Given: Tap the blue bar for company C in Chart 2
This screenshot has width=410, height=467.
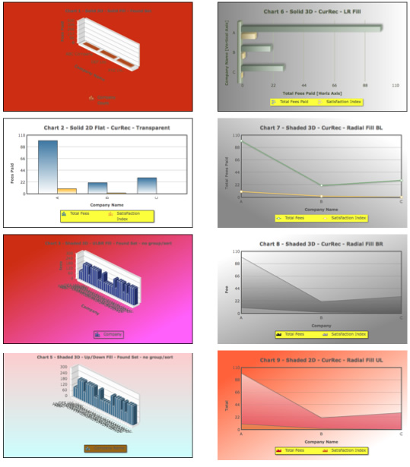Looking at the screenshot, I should pos(147,185).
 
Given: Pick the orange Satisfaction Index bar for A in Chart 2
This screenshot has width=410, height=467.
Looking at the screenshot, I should pos(66,191).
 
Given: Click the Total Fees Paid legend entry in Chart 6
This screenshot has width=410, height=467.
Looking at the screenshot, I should pos(291,101).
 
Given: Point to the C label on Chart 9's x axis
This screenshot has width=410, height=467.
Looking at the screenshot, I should pos(401,433).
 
